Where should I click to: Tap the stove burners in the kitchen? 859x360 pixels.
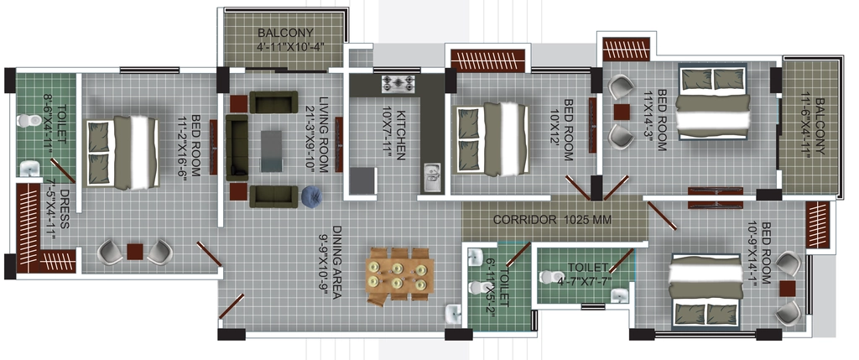point(398,83)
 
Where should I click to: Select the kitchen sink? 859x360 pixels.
point(431,177)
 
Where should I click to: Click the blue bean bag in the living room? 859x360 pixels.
point(311,196)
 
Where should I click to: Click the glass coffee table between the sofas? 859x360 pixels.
point(271,151)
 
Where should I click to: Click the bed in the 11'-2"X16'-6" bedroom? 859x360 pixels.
point(122,153)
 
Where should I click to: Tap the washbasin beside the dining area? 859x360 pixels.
point(454,314)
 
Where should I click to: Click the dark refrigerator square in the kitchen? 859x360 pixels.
point(362,180)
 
